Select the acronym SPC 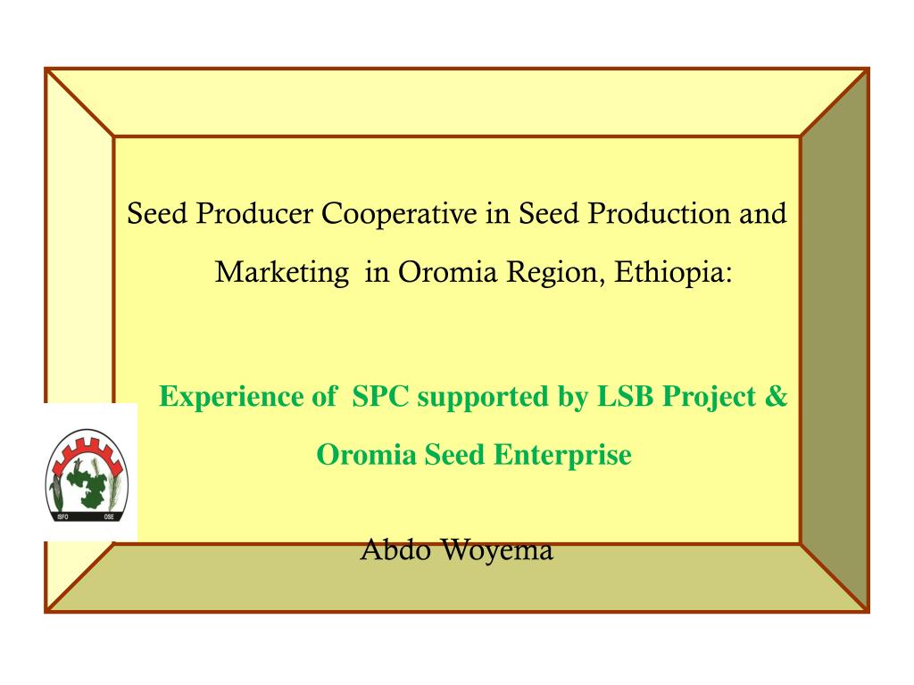[x=380, y=397]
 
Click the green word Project [x=709, y=397]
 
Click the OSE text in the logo [x=110, y=516]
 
